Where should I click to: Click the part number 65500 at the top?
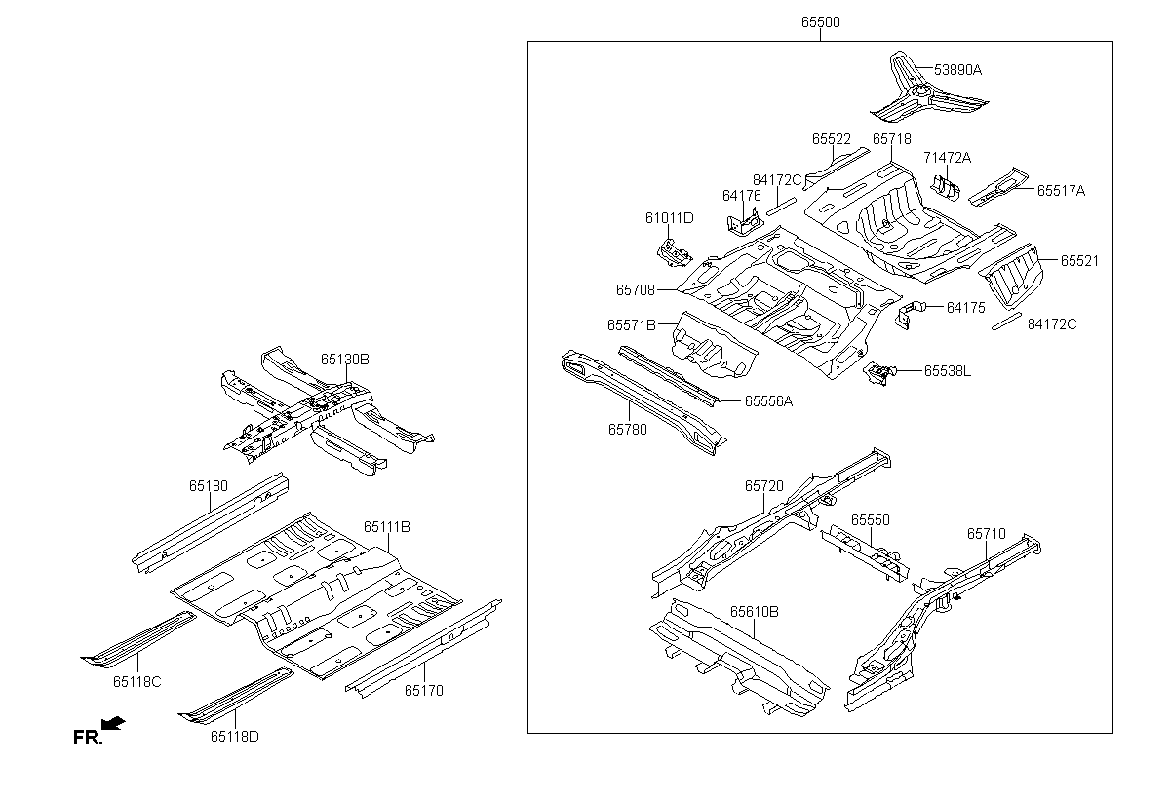(x=820, y=21)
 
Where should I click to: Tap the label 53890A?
(x=957, y=70)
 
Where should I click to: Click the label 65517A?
(x=1061, y=191)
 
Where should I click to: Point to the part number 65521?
(x=1079, y=261)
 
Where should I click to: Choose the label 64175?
(x=965, y=308)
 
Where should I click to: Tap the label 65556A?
(x=768, y=400)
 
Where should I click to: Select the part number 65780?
(x=628, y=429)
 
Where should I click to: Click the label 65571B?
(x=632, y=324)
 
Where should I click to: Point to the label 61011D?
(x=669, y=217)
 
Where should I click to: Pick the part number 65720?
(x=763, y=485)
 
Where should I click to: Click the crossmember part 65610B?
(x=741, y=658)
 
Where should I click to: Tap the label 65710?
(x=986, y=534)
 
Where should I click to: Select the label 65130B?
(x=345, y=359)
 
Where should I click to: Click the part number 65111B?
(x=386, y=527)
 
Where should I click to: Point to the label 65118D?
(x=234, y=736)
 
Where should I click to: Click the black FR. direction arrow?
(x=113, y=723)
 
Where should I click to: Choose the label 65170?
(x=424, y=691)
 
